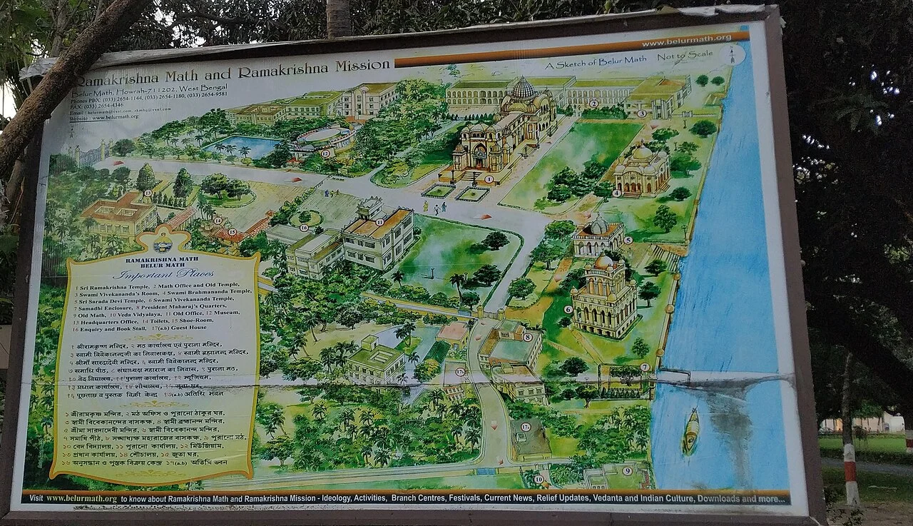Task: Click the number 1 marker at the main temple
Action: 489,179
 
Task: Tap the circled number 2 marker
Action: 593,103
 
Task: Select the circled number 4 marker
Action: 617,193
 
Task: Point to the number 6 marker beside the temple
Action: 568,309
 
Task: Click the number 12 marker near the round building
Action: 325,153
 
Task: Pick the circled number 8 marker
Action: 528,337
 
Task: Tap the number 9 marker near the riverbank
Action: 627,471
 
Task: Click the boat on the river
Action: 690,431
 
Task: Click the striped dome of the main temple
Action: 522,88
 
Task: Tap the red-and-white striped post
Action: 850,475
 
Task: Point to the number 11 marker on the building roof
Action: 379,222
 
